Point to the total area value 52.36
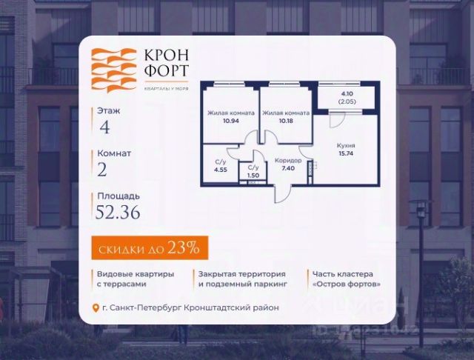click(118, 213)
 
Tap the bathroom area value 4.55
click(220, 169)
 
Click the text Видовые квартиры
click(136, 273)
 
